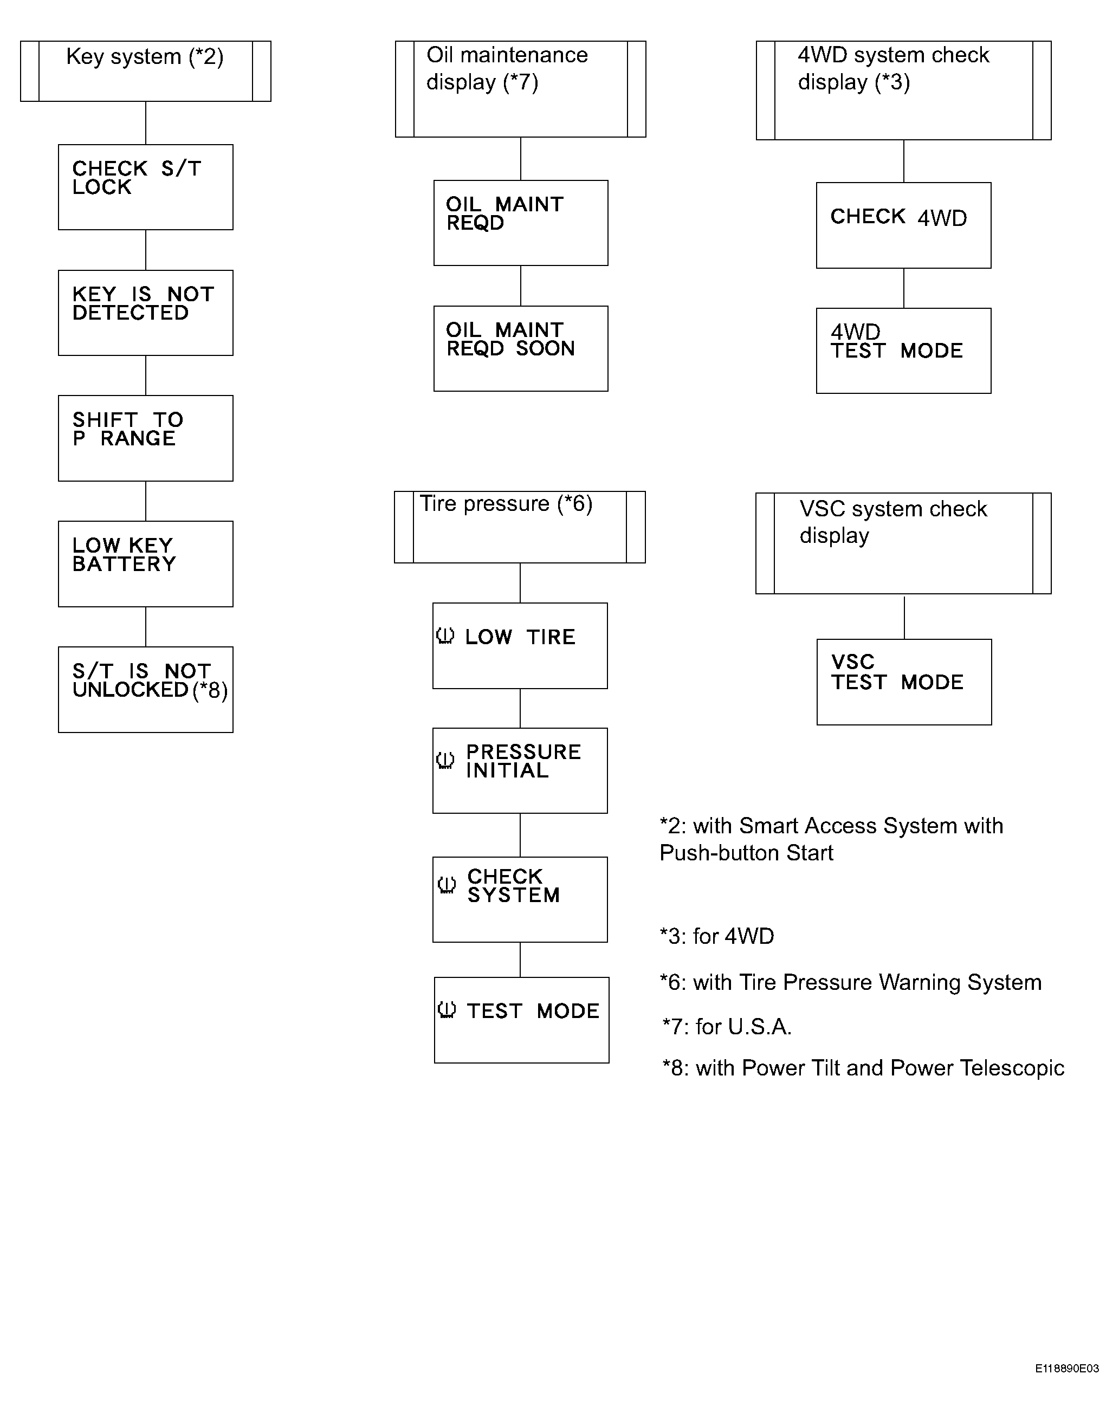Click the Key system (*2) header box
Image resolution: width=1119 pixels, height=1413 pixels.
tap(145, 71)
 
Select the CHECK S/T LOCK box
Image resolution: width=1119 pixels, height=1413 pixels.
tap(145, 187)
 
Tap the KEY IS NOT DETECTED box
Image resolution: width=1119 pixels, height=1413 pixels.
tap(145, 313)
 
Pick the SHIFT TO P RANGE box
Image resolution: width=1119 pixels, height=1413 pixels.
tap(145, 438)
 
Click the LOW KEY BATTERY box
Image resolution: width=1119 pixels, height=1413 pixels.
tap(145, 563)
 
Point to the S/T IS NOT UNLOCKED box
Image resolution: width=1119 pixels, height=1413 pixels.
tap(145, 689)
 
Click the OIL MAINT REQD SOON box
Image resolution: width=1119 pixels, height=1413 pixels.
tap(521, 348)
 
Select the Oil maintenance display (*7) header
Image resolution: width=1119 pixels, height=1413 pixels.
tap(521, 88)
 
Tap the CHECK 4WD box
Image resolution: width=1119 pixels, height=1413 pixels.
tap(903, 225)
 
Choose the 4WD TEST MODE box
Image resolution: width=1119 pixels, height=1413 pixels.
tap(903, 351)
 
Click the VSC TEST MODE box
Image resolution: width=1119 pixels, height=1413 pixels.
tap(904, 681)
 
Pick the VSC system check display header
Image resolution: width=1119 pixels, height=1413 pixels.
tap(903, 543)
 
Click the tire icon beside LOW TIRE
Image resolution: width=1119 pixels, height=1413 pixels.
tap(445, 636)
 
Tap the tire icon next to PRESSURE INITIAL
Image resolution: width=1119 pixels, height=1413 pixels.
tap(445, 760)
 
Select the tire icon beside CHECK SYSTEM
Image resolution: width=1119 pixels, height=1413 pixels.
tap(446, 885)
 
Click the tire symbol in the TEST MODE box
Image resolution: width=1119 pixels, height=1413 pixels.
tap(446, 1009)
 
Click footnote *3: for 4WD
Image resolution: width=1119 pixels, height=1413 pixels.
tap(717, 936)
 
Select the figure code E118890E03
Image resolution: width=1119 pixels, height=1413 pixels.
tap(1066, 1369)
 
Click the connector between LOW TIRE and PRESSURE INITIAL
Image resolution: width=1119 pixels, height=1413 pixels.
tap(520, 708)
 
